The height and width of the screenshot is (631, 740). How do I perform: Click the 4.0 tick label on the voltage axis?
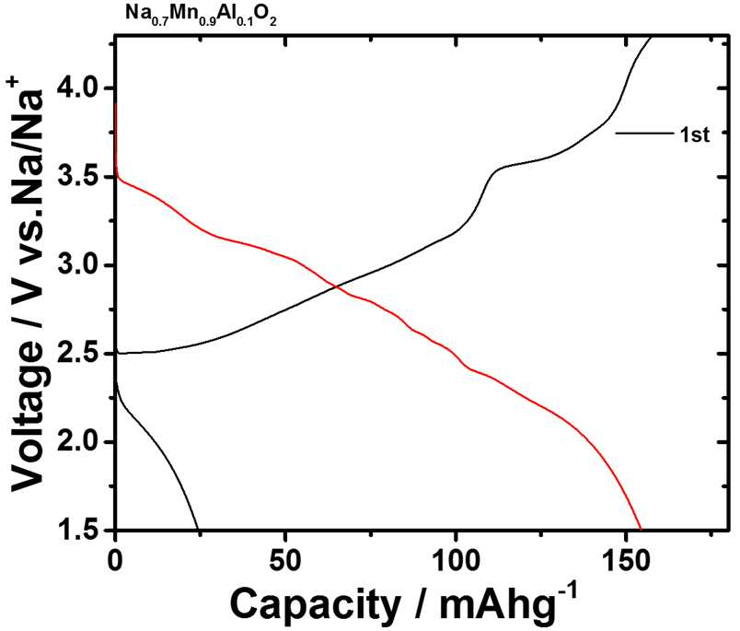pyautogui.click(x=82, y=88)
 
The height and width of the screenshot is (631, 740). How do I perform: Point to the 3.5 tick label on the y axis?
pyautogui.click(x=82, y=177)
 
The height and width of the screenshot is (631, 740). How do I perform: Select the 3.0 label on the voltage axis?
pyautogui.click(x=82, y=265)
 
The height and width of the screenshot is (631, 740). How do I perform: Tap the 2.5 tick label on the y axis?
pyautogui.click(x=82, y=354)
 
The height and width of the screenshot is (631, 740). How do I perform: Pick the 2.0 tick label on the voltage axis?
pyautogui.click(x=82, y=442)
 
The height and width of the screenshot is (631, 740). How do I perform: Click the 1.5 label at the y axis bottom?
pyautogui.click(x=82, y=530)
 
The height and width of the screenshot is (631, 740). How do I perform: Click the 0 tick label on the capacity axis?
pyautogui.click(x=116, y=561)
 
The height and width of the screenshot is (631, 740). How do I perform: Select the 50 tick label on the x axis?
pyautogui.click(x=285, y=561)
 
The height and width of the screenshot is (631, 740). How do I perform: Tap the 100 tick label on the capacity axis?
pyautogui.click(x=456, y=561)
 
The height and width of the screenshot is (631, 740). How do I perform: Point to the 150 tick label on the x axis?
pyautogui.click(x=626, y=561)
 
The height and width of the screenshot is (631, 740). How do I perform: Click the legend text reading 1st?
pyautogui.click(x=694, y=135)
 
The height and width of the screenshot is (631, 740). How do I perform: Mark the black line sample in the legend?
pyautogui.click(x=644, y=134)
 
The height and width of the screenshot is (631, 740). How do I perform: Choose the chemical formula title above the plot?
pyautogui.click(x=201, y=13)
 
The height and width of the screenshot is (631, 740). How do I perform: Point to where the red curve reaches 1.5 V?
pyautogui.click(x=641, y=530)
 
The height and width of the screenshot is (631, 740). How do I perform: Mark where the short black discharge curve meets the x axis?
pyautogui.click(x=198, y=530)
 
